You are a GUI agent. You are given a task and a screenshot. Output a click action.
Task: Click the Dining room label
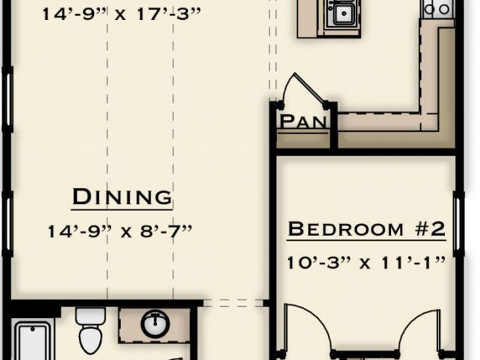click(x=122, y=197)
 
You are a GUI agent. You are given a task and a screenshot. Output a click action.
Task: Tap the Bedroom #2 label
click(x=366, y=229)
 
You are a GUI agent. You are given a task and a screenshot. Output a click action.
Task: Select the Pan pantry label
click(x=303, y=122)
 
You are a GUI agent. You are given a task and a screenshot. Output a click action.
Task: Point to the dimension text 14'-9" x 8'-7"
click(x=120, y=231)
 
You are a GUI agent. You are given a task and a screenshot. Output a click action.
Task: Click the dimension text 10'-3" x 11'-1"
click(x=366, y=262)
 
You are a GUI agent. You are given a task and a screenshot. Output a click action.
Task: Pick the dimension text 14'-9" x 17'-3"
click(x=122, y=14)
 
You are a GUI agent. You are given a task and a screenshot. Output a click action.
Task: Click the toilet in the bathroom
click(x=91, y=330)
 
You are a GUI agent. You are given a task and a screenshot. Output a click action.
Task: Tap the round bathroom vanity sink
click(x=155, y=324)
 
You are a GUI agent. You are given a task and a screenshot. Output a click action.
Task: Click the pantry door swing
click(x=303, y=88)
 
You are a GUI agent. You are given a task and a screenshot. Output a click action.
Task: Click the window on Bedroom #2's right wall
click(x=458, y=224)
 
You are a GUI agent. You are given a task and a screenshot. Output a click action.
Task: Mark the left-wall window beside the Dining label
click(x=7, y=223)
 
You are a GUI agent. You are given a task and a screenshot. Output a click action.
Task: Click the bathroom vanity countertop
click(x=155, y=325)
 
